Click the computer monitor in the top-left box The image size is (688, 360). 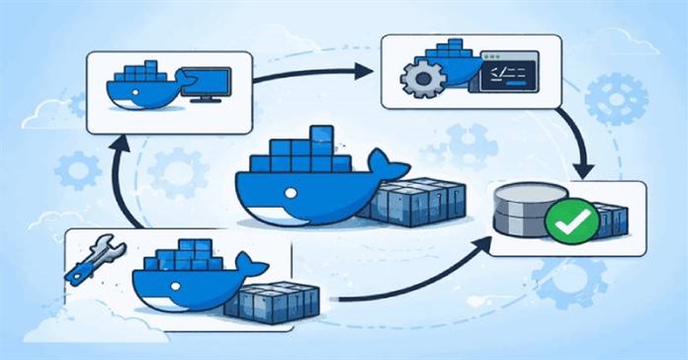(208, 84)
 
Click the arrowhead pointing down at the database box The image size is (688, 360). (584, 167)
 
